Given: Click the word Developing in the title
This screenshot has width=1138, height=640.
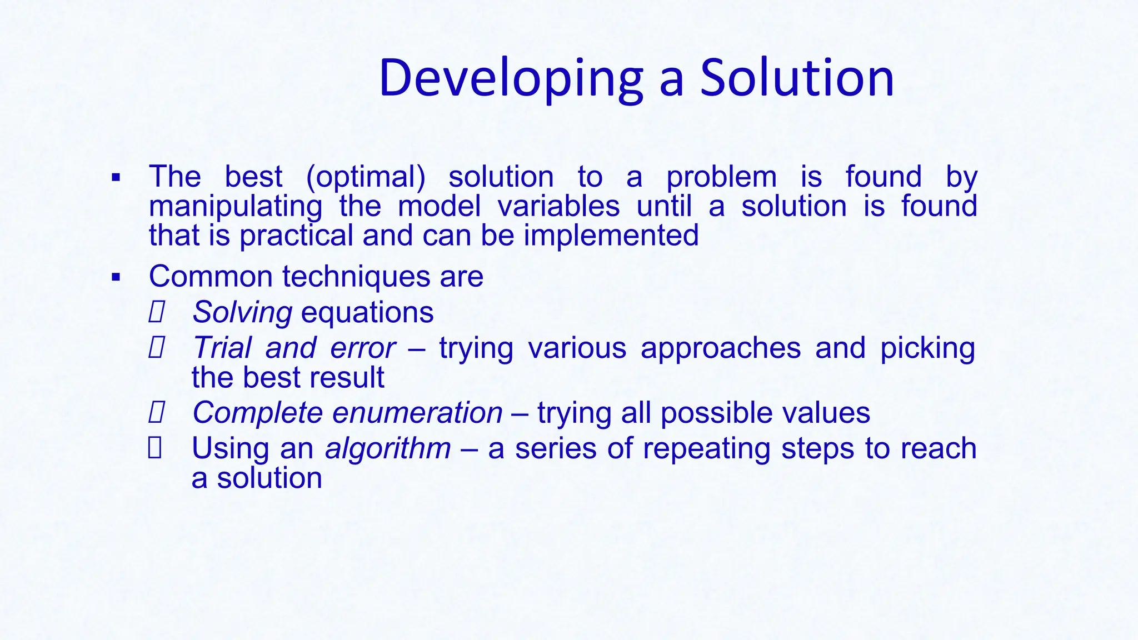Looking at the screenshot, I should point(511,79).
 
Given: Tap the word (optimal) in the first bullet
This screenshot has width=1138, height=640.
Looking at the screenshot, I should point(366,177).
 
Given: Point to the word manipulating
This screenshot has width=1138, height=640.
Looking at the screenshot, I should point(236,207).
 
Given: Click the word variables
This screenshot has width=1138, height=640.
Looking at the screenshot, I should point(558,206).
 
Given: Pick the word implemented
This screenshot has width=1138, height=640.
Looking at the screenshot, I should point(611,236).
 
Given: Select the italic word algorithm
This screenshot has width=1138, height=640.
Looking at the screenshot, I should point(388,449).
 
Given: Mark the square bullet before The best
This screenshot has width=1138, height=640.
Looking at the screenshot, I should point(116,178).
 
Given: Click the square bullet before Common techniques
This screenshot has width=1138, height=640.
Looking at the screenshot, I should point(116,277).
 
